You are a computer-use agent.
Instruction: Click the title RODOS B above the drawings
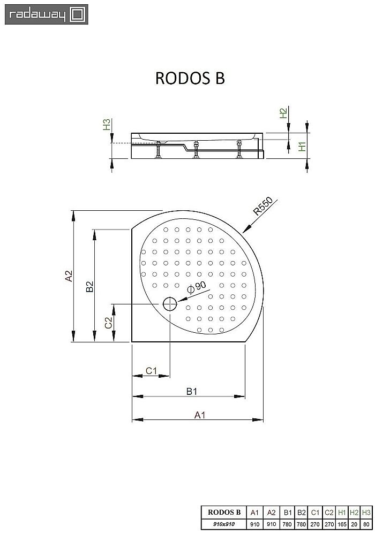(x=190, y=78)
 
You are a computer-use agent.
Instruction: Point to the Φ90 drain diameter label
(x=197, y=287)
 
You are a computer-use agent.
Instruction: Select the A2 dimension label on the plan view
(x=68, y=276)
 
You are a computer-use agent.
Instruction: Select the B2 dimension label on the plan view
(x=90, y=286)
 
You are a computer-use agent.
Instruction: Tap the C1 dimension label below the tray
(x=151, y=370)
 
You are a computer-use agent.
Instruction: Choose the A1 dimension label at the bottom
(x=199, y=415)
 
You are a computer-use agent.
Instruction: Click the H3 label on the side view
(x=107, y=125)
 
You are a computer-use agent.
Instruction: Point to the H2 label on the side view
(x=283, y=113)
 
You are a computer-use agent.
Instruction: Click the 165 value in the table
(x=341, y=524)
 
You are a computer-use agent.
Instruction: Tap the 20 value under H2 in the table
(x=354, y=524)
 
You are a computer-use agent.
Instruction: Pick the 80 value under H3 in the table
(x=366, y=524)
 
